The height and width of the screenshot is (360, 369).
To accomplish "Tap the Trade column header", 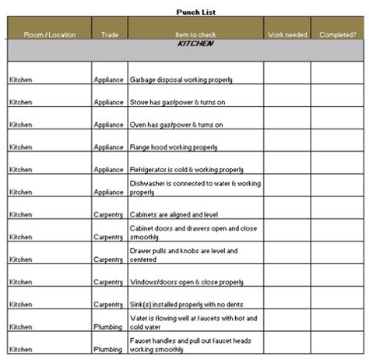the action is click(x=108, y=34).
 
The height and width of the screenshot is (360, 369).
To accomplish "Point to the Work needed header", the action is click(x=286, y=34).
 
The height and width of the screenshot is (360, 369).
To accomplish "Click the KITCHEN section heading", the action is click(x=195, y=44).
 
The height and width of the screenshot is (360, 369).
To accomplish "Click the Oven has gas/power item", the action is click(x=176, y=125).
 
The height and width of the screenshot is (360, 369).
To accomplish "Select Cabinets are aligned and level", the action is click(x=175, y=214).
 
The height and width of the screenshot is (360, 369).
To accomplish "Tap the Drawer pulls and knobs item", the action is click(x=183, y=255).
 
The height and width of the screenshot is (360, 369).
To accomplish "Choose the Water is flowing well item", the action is click(x=192, y=322).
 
